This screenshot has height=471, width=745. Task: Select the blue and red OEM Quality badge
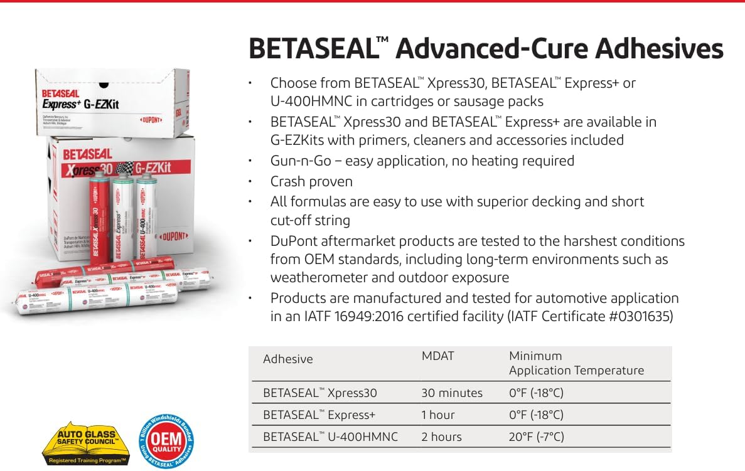pyautogui.click(x=166, y=444)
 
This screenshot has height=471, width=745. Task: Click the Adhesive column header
pyautogui.click(x=287, y=359)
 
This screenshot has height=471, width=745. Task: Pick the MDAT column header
pyautogui.click(x=437, y=356)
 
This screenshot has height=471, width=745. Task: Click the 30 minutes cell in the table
pyautogui.click(x=452, y=393)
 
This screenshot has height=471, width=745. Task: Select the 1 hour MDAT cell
pyautogui.click(x=438, y=415)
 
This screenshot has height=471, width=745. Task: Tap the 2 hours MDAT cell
pyautogui.click(x=441, y=437)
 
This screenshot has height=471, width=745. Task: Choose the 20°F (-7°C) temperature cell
pyautogui.click(x=536, y=437)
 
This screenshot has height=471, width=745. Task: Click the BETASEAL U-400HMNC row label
pyautogui.click(x=330, y=437)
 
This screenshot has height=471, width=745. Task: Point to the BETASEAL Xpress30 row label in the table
pyautogui.click(x=320, y=393)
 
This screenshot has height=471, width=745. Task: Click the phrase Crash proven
pyautogui.click(x=311, y=181)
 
